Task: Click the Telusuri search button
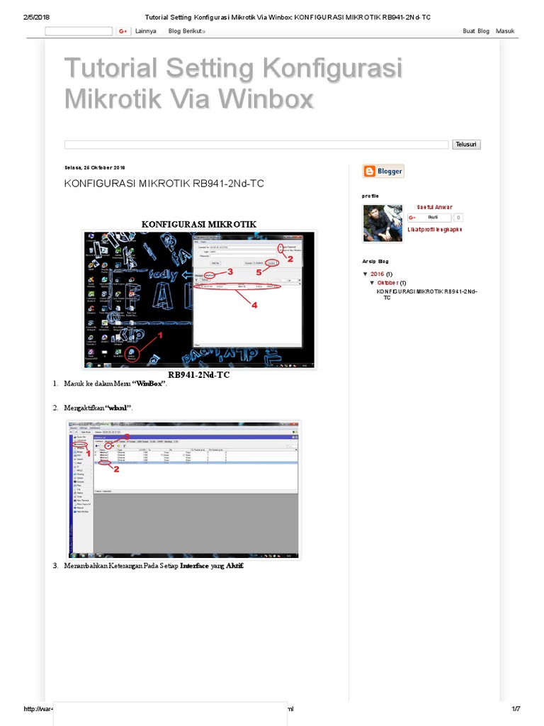pyautogui.click(x=467, y=144)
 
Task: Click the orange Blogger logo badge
pyautogui.click(x=383, y=171)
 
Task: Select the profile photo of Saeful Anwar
pyautogui.click(x=383, y=223)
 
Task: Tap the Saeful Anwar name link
pyautogui.click(x=433, y=207)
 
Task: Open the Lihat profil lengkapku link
pyautogui.click(x=434, y=230)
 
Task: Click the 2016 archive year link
pyautogui.click(x=377, y=274)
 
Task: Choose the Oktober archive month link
pyautogui.click(x=387, y=282)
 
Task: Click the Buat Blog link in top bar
pyautogui.click(x=476, y=31)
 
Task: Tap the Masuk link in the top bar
pyautogui.click(x=505, y=31)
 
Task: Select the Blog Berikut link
pyautogui.click(x=187, y=31)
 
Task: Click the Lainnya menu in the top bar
pyautogui.click(x=145, y=31)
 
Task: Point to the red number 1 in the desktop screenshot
pyautogui.click(x=160, y=335)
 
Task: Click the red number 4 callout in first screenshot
pyautogui.click(x=254, y=305)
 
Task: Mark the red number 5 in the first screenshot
pyautogui.click(x=259, y=272)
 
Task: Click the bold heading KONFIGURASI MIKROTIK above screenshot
pyautogui.click(x=199, y=224)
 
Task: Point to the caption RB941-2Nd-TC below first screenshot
pyautogui.click(x=199, y=374)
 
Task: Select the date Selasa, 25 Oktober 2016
pyautogui.click(x=94, y=168)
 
